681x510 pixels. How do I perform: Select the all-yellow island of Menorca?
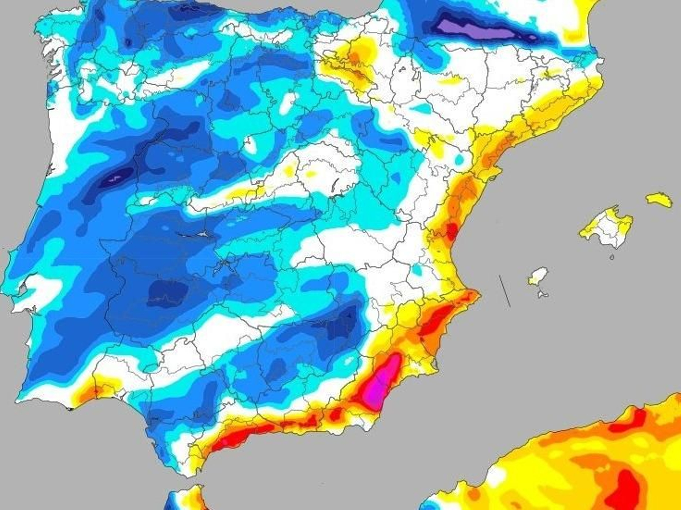pyautogui.click(x=659, y=199)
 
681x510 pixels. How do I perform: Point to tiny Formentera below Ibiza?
pyautogui.click(x=542, y=294)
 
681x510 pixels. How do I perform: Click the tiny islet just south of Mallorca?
pyautogui.click(x=612, y=257)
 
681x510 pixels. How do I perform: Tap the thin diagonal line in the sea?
pyautogui.click(x=505, y=290)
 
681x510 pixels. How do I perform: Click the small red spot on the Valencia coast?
pyautogui.click(x=452, y=231)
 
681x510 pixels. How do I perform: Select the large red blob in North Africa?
pyautogui.click(x=628, y=490)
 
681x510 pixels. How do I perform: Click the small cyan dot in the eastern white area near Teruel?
pyautogui.click(x=459, y=159)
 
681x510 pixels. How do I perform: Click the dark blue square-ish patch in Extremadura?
pyautogui.click(x=168, y=292)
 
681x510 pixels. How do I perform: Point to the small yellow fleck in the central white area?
pyautogui.click(x=311, y=174)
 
